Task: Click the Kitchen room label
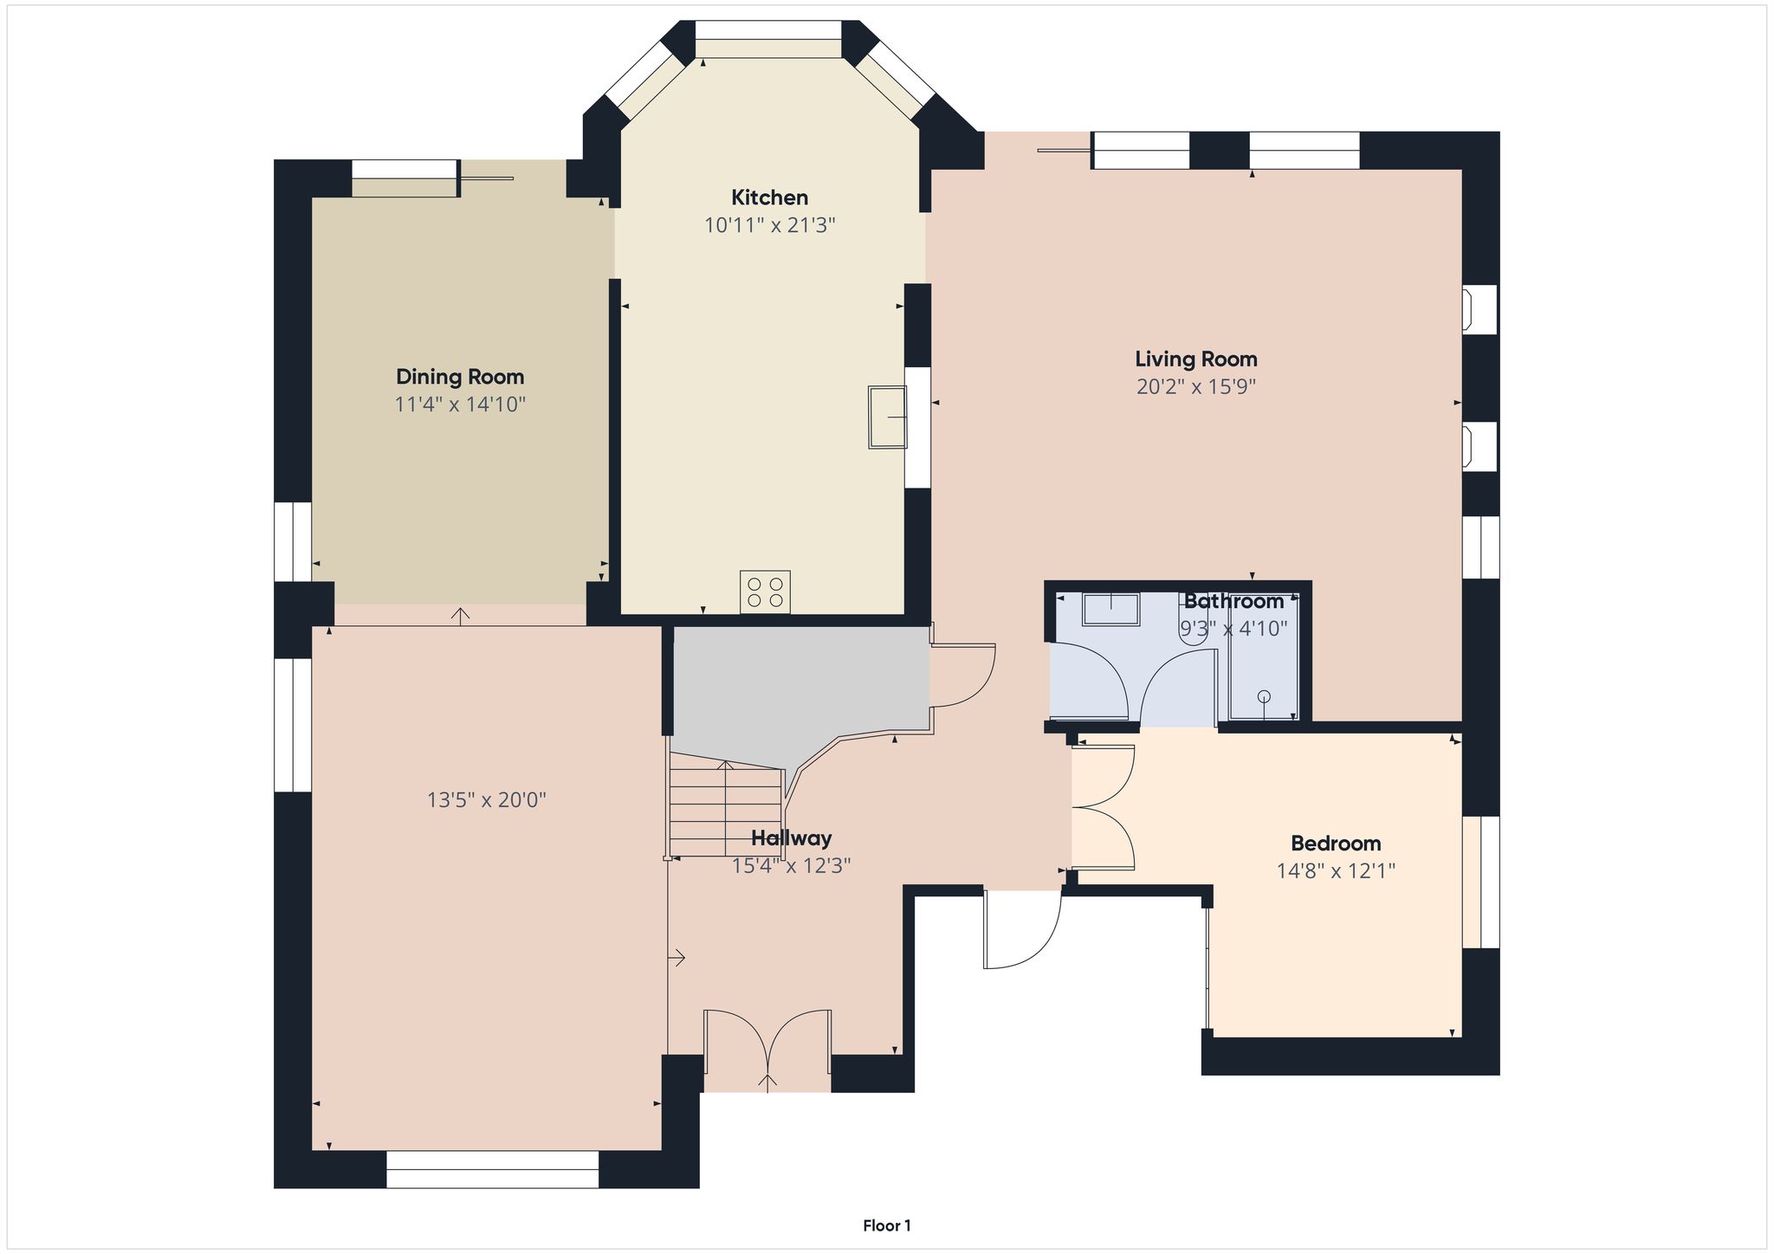pos(769,197)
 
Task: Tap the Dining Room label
pos(460,377)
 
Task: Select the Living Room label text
pos(1196,359)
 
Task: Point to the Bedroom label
pos(1336,843)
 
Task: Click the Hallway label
pos(792,838)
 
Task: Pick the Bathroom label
pos(1233,601)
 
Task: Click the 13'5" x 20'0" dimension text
pos(487,799)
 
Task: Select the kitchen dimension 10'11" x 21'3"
pos(769,226)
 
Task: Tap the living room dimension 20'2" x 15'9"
pos(1196,386)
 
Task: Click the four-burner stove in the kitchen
pos(765,591)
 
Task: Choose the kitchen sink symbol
pos(887,417)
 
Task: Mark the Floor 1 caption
pos(887,1225)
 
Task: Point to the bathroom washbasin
pos(1110,609)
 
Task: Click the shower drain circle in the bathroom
pos(1264,695)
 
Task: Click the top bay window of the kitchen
pos(768,39)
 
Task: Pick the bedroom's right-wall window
pos(1481,882)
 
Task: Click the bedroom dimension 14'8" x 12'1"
pos(1336,870)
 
